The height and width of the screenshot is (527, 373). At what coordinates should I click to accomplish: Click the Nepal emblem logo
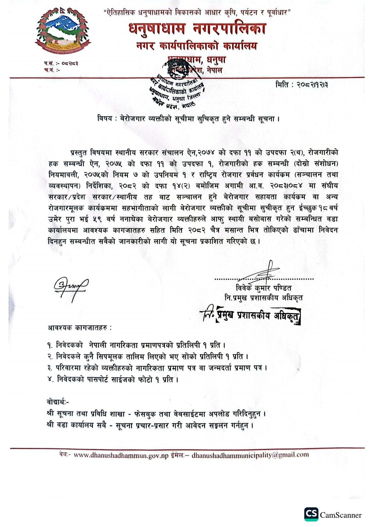62,31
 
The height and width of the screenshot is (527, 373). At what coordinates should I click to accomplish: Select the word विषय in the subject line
105,119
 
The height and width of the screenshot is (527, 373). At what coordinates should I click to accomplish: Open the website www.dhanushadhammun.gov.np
121,455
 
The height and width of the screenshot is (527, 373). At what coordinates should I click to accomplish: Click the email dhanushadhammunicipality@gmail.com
250,455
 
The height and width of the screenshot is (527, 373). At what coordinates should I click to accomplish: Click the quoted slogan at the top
197,13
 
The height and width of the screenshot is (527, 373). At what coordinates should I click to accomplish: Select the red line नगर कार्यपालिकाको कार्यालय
197,46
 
